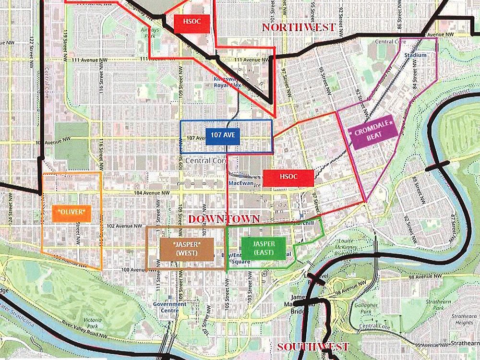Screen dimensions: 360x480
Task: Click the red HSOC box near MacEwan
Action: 288,177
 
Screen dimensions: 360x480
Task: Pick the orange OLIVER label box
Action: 72,212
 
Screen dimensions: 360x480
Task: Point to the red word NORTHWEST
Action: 298,27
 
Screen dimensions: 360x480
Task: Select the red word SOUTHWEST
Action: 312,347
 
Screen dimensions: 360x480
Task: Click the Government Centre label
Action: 169,307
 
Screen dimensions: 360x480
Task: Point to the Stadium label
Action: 415,55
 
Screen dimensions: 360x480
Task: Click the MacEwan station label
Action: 240,183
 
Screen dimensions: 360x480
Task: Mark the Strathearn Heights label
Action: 464,319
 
